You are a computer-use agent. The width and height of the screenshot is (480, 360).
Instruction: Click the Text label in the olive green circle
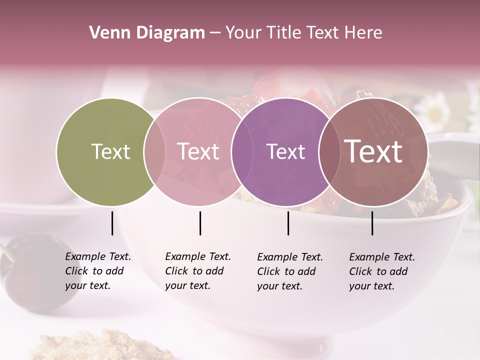point(110,151)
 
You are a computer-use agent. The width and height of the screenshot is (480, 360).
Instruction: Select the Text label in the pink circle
point(198,151)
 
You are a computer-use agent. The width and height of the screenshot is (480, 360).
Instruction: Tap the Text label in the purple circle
point(286,151)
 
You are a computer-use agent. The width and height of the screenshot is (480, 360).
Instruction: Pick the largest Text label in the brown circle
point(373,151)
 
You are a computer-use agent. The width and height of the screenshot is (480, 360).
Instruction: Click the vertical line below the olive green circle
point(112,223)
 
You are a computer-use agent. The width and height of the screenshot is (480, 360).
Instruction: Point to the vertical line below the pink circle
point(200,223)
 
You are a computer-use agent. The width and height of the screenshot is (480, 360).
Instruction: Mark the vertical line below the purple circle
point(288,223)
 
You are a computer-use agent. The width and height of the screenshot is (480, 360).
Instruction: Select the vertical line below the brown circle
point(372,223)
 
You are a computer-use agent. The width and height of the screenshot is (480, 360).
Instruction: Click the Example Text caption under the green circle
point(97,271)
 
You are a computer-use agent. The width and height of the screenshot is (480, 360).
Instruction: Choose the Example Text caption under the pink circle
point(197,271)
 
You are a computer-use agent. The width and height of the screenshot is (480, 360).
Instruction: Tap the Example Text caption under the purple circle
point(289,271)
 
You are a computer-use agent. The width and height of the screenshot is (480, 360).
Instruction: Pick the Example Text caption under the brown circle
point(381,271)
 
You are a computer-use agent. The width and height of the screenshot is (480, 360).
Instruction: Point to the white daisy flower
point(433,110)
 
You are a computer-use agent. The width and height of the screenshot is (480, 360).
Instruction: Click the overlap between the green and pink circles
point(154,151)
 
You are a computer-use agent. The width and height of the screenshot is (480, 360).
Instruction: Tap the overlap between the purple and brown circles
point(329,151)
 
